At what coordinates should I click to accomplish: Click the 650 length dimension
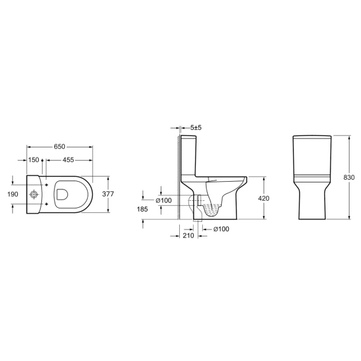pos(59,147)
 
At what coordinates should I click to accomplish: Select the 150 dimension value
pos(34,160)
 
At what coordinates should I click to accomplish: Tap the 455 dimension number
pos(68,160)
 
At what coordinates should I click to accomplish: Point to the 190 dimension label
pos(13,194)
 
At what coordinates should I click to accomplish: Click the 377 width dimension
pos(108,194)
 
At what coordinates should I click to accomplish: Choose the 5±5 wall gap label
pos(196,127)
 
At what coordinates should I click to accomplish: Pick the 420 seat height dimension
pos(264,198)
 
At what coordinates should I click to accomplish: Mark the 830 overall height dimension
pos(349,177)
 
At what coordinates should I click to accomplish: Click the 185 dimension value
pos(142,209)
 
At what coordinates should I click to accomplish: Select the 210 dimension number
pos(189,236)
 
